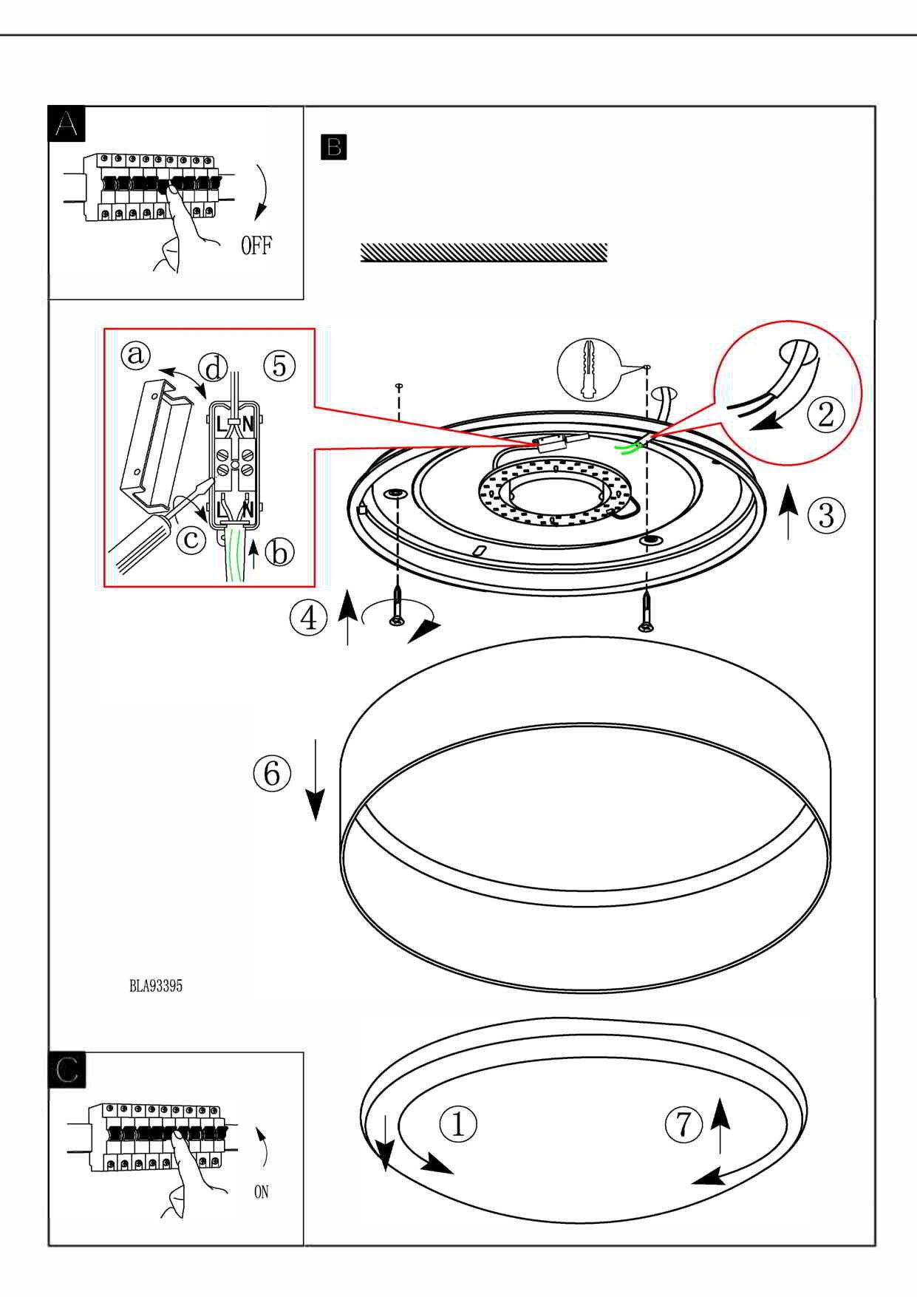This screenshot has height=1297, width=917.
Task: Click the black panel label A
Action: pyautogui.click(x=67, y=123)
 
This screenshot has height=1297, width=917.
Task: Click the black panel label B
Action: pyautogui.click(x=334, y=146)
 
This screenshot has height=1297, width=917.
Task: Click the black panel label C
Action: pyautogui.click(x=67, y=1070)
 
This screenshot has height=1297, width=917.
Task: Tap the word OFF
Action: pyautogui.click(x=256, y=246)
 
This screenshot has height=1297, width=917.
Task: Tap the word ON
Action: pyautogui.click(x=261, y=1192)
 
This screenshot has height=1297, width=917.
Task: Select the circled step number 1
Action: pyautogui.click(x=458, y=1124)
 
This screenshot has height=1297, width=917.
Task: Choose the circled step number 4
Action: pyautogui.click(x=308, y=617)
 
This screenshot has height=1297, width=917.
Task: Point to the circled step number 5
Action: pyautogui.click(x=279, y=365)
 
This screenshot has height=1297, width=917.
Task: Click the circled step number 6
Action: pyautogui.click(x=272, y=773)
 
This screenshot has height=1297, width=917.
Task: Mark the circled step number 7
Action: pyautogui.click(x=684, y=1124)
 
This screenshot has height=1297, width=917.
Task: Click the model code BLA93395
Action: pyautogui.click(x=156, y=986)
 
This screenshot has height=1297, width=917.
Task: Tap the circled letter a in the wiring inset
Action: pyautogui.click(x=136, y=355)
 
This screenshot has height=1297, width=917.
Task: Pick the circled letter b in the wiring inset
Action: pyautogui.click(x=279, y=552)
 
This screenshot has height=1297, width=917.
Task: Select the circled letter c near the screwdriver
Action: pyautogui.click(x=191, y=539)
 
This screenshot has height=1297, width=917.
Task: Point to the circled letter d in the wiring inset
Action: pyautogui.click(x=213, y=367)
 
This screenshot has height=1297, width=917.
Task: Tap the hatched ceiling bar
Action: pyautogui.click(x=484, y=252)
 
